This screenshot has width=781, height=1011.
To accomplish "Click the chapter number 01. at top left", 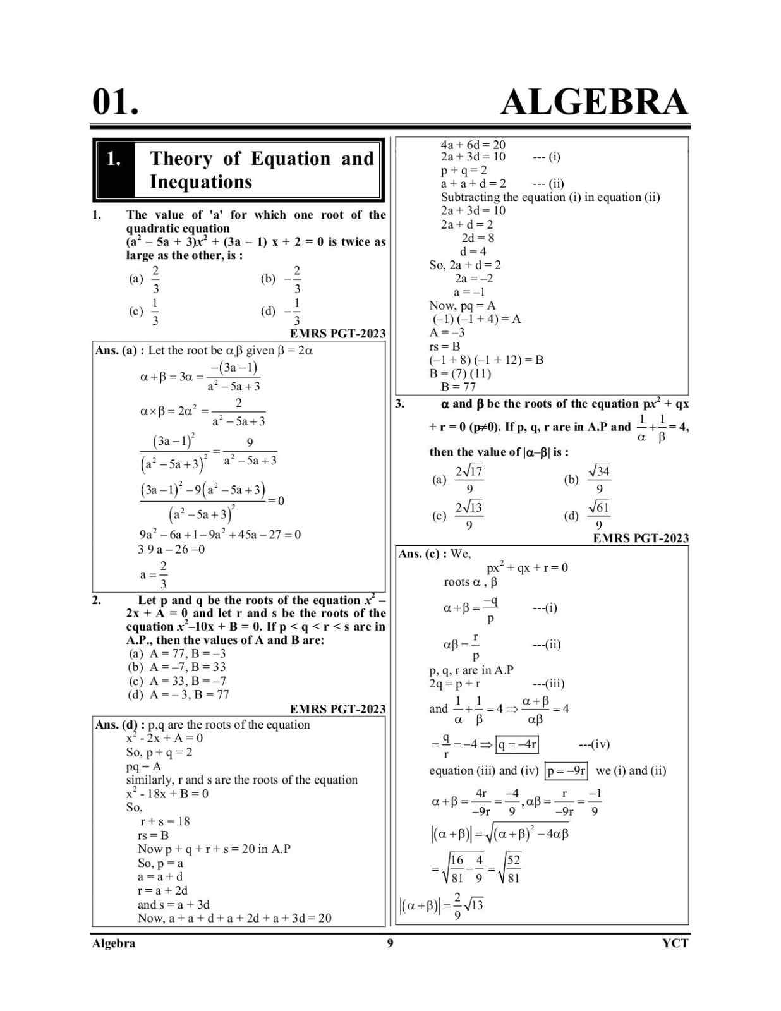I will (x=116, y=102).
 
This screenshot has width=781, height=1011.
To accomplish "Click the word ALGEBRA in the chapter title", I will (x=594, y=102).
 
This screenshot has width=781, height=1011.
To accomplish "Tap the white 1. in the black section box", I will (x=114, y=159).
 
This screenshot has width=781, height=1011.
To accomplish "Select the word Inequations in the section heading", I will (x=200, y=182).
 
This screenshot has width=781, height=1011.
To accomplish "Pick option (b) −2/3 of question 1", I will (x=282, y=279).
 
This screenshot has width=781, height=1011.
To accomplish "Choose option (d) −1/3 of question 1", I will (x=282, y=312).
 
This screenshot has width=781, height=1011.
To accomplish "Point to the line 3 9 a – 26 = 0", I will (x=171, y=549).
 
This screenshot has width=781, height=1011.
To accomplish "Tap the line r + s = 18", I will (x=165, y=821).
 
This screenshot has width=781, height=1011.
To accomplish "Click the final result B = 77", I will (x=458, y=387).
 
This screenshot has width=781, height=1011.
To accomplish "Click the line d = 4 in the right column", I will (x=473, y=251).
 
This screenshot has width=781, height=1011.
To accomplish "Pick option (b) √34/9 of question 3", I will (x=588, y=480).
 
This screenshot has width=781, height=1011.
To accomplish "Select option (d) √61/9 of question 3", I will (x=588, y=516).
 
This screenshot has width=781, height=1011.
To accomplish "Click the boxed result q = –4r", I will (x=518, y=744).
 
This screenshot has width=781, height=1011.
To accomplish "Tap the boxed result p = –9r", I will (x=567, y=771).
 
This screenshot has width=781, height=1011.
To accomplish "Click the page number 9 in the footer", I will (x=390, y=943).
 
